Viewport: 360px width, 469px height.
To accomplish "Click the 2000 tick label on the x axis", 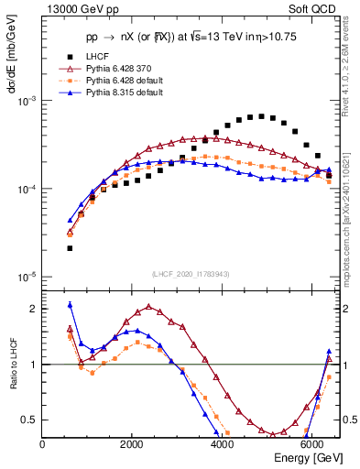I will (x=132, y=444).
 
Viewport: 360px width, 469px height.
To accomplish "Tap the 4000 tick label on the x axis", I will (x=222, y=444).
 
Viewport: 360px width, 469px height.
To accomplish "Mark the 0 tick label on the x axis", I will (x=43, y=444).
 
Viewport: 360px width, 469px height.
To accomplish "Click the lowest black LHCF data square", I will (x=70, y=248).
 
